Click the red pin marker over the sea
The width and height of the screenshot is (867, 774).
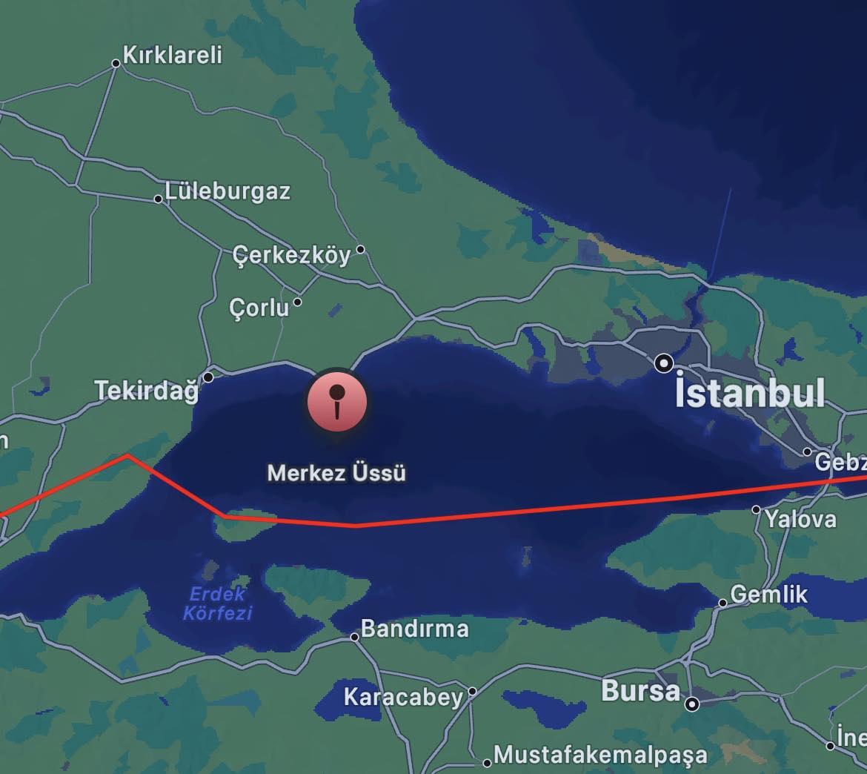[x=337, y=401]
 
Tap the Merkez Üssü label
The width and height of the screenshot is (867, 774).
[x=336, y=473]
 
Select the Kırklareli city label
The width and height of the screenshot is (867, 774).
[x=172, y=55]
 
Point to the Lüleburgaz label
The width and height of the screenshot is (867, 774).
[x=227, y=191]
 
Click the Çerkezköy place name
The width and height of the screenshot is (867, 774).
[x=291, y=255]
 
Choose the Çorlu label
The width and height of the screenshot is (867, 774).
[x=259, y=306]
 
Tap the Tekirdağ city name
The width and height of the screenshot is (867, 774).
[x=147, y=390]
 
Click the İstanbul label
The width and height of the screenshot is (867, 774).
[x=750, y=392]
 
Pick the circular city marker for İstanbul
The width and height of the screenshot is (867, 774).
[x=664, y=363]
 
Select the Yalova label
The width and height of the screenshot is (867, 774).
[x=800, y=518]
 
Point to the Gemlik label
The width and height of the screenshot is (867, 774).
[x=769, y=594]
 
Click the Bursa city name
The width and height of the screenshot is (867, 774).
[x=640, y=691]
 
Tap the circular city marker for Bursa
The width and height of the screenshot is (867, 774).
[x=692, y=704]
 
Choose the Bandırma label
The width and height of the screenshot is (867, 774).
[x=414, y=629]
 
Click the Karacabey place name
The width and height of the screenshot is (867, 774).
[x=403, y=697]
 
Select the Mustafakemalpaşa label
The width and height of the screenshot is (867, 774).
[x=600, y=755]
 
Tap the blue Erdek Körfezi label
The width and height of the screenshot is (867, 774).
[x=217, y=603]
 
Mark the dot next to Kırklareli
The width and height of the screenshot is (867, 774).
[x=116, y=64]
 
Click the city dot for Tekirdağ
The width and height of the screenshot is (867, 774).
[x=208, y=377]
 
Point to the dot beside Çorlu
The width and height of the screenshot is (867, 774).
[x=297, y=302]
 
